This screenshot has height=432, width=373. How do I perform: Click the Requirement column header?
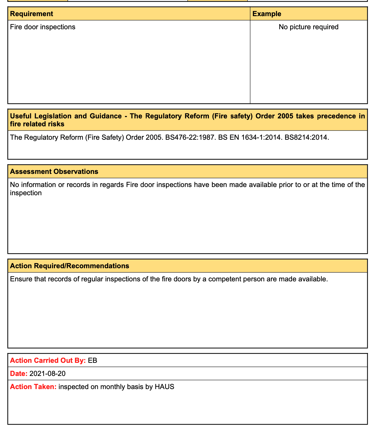31,14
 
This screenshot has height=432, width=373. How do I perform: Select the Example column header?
267,14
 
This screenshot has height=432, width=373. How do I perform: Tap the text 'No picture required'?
308,27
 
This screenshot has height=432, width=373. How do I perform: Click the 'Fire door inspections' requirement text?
43,27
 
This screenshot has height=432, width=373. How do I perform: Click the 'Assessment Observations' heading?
54,171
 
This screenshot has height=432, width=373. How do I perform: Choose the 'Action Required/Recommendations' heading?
69,266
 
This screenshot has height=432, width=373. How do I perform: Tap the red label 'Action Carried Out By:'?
48,360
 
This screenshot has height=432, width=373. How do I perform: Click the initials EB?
93,360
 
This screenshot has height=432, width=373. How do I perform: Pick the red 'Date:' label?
19,373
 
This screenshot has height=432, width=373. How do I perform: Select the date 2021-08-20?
47,373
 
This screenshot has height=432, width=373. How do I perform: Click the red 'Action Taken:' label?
33,387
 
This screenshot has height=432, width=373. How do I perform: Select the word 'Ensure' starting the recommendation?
20,279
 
